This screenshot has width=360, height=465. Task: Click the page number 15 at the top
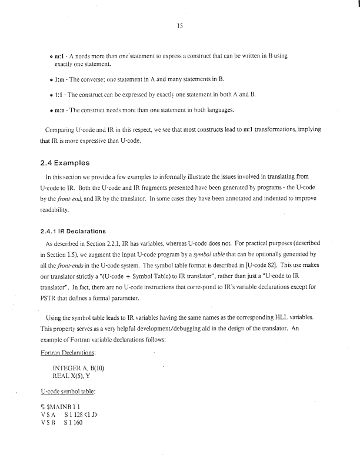click(x=179, y=25)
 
